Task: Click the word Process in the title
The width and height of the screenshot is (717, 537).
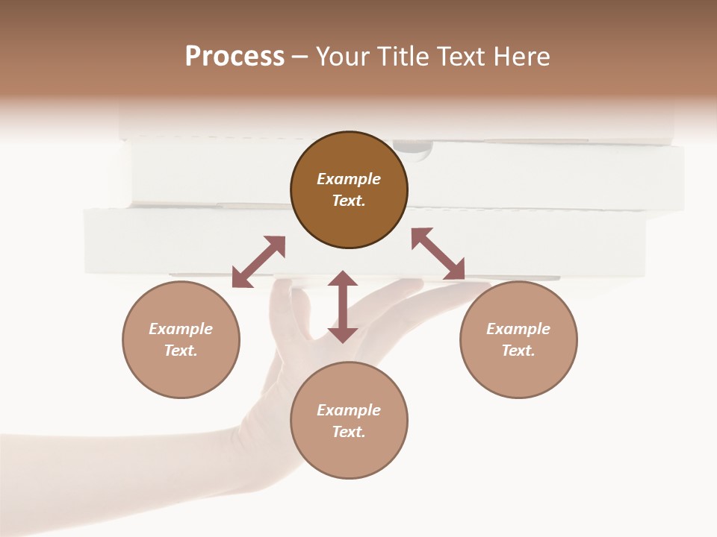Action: tap(235, 57)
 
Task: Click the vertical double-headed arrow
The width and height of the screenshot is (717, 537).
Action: tap(343, 307)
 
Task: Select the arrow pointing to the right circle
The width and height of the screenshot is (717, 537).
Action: tap(438, 254)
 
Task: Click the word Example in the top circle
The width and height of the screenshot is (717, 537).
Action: tap(349, 179)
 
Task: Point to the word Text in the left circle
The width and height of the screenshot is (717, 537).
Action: tap(181, 351)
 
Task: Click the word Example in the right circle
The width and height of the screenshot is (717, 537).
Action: tap(518, 329)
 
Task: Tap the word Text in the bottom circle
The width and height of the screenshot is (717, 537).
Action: tap(349, 432)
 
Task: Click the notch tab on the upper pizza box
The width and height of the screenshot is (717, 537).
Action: tap(412, 149)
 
